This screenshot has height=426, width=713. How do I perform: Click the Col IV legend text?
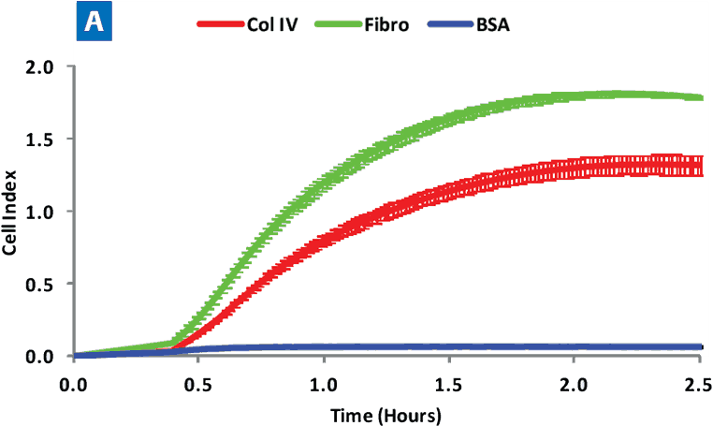pyautogui.click(x=274, y=25)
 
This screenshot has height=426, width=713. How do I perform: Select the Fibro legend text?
pyautogui.click(x=385, y=25)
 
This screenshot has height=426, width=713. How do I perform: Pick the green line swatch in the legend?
pyautogui.click(x=332, y=25)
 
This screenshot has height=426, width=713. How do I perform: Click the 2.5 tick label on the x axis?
pyautogui.click(x=693, y=385)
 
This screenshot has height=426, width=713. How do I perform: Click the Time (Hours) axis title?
pyautogui.click(x=386, y=413)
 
